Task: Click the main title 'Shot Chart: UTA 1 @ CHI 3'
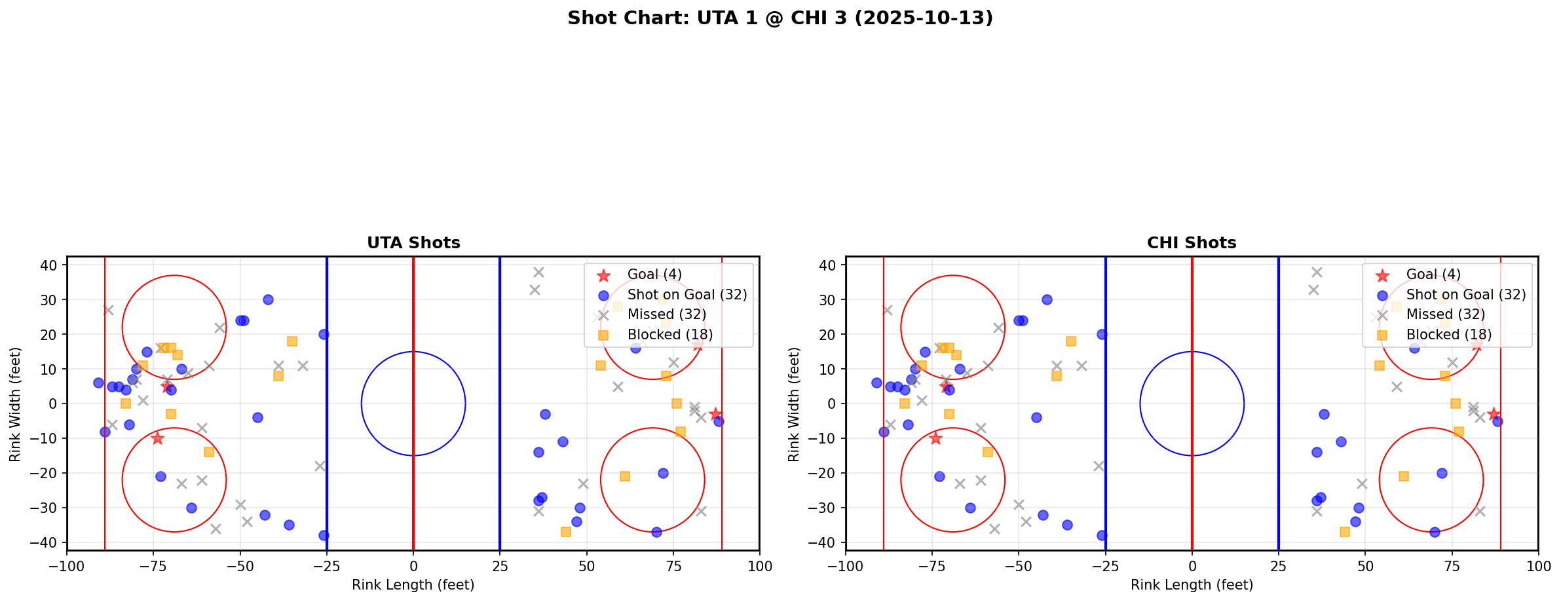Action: click(780, 18)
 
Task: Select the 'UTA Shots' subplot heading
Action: click(413, 243)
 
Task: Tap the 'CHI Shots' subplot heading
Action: click(1192, 243)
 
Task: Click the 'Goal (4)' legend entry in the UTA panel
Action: click(654, 274)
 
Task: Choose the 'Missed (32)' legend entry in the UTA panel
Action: click(666, 314)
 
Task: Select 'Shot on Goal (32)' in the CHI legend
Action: click(1466, 295)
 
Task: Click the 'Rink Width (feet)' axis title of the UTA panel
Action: click(15, 404)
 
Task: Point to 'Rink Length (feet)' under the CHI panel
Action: click(1192, 585)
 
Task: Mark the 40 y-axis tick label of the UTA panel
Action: click(52, 265)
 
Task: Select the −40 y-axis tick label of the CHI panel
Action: click(825, 542)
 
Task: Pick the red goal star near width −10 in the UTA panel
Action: click(157, 438)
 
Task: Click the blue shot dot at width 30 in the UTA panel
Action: click(268, 299)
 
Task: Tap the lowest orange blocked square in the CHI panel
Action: click(1345, 532)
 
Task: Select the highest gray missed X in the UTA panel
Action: click(538, 272)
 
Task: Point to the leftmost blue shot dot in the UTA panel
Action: click(98, 383)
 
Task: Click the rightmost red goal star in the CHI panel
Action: click(1494, 414)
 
